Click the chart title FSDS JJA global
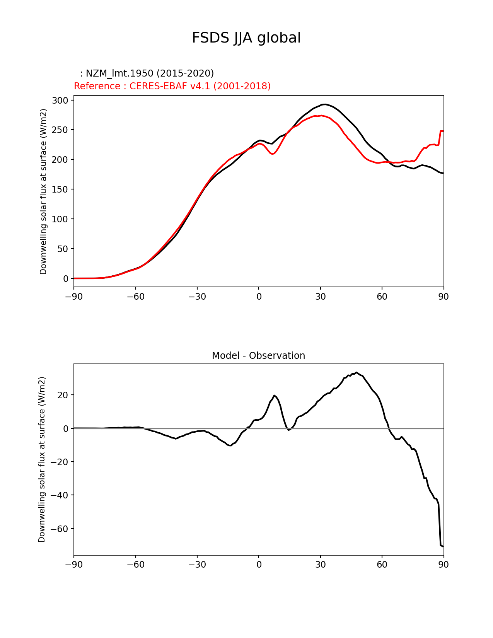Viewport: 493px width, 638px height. (x=246, y=38)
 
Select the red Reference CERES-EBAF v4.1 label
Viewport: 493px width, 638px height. (x=172, y=86)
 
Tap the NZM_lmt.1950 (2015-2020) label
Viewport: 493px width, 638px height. (x=147, y=73)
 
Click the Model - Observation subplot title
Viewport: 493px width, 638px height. (x=258, y=356)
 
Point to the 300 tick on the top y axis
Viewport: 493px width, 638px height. (x=60, y=101)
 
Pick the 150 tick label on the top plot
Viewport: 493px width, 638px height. (x=60, y=189)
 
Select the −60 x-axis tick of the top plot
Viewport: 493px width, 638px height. (x=135, y=297)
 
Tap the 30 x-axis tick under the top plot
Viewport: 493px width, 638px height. (x=320, y=297)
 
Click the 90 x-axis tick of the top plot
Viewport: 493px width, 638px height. (x=443, y=297)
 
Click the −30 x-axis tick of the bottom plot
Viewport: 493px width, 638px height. (x=197, y=565)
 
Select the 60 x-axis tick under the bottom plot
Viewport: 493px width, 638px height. (x=382, y=565)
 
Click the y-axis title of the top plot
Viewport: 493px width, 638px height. (x=43, y=191)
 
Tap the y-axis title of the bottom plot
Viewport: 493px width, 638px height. (x=42, y=459)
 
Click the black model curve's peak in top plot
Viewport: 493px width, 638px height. (x=325, y=104)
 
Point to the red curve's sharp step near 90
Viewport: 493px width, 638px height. (x=440, y=131)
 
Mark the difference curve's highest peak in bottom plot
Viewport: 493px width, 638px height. (x=356, y=373)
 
